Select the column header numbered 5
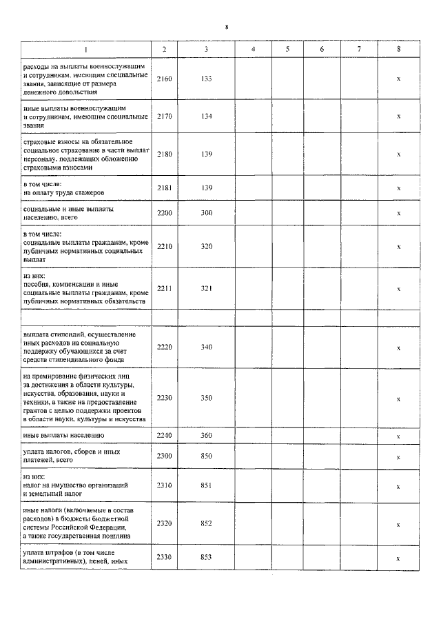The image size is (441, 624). pyautogui.click(x=287, y=49)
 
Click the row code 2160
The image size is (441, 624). pyautogui.click(x=164, y=79)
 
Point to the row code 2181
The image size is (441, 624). pyautogui.click(x=164, y=188)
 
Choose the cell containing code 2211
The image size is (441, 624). pyautogui.click(x=164, y=289)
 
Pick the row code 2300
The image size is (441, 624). pyautogui.click(x=164, y=456)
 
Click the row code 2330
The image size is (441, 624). pyautogui.click(x=164, y=558)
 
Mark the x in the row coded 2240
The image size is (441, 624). pyautogui.click(x=398, y=436)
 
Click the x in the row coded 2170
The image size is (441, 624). pyautogui.click(x=398, y=117)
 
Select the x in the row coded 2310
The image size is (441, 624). pyautogui.click(x=398, y=486)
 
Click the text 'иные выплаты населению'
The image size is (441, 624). pyautogui.click(x=63, y=436)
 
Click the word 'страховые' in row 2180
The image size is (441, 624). pyautogui.click(x=39, y=141)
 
